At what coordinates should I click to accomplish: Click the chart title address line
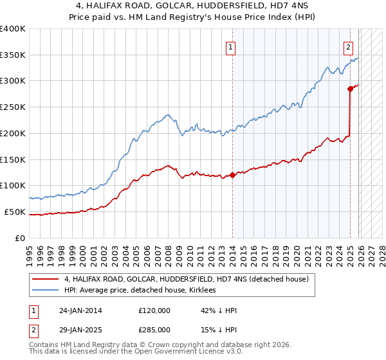tap(193, 6)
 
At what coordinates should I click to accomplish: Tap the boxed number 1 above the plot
tap(230, 46)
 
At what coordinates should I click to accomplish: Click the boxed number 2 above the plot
tap(348, 46)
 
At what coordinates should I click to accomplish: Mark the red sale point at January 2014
tap(232, 175)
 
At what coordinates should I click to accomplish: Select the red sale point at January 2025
tap(350, 89)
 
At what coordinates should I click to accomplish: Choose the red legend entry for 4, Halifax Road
tap(187, 279)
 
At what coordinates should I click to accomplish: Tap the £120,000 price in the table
tap(154, 310)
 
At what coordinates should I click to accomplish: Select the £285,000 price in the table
tap(154, 330)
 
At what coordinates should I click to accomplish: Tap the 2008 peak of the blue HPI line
tap(167, 115)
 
